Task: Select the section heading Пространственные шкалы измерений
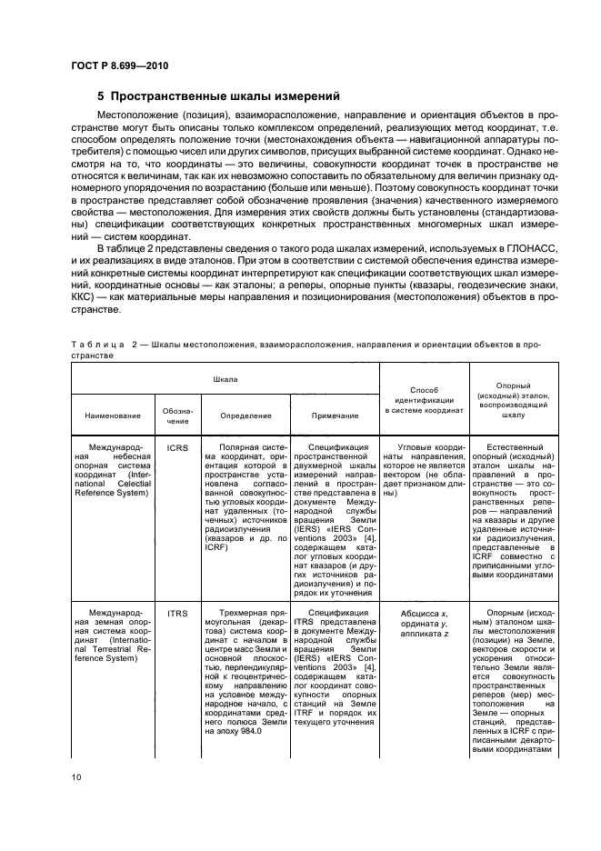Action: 218,95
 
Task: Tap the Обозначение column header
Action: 177,415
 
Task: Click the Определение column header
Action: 245,415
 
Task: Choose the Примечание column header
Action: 332,415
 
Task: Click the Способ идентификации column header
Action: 425,397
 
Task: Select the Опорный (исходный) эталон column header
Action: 514,396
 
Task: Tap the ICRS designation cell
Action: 177,448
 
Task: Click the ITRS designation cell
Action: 177,613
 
